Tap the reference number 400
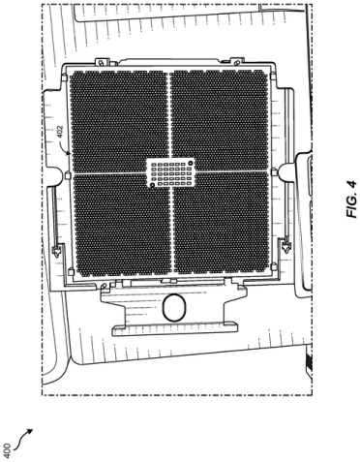8,450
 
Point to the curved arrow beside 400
23,438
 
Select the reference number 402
60,132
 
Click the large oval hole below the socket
174,308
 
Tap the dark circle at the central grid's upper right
191,163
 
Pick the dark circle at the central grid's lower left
152,185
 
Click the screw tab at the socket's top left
101,61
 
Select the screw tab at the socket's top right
236,61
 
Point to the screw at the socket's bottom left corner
104,287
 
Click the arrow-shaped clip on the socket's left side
56,251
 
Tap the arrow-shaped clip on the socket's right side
285,248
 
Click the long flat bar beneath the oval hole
174,329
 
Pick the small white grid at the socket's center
171,173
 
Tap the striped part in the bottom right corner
308,361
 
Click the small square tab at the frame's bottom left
72,273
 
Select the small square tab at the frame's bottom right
274,266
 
